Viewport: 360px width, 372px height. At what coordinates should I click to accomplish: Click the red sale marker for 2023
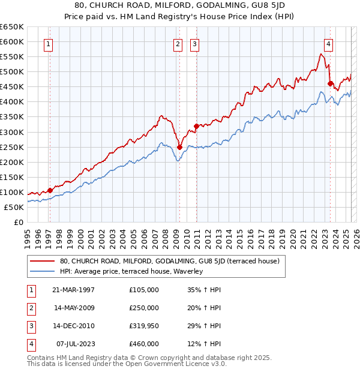330,83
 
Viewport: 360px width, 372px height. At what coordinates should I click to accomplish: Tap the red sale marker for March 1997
50,190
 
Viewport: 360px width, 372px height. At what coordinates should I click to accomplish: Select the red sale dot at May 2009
179,147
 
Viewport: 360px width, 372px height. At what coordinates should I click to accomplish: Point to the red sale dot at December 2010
196,126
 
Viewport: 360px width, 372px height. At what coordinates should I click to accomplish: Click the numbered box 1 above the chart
47,43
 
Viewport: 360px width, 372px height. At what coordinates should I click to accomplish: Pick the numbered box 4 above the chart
329,43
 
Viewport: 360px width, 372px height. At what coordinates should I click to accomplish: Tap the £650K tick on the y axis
12,27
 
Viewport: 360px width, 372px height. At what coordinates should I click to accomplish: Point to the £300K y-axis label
12,132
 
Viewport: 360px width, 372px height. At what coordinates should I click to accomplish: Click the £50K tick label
14,207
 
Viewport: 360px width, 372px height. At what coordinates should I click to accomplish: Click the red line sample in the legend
43,262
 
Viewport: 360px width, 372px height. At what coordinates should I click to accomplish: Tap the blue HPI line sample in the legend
43,271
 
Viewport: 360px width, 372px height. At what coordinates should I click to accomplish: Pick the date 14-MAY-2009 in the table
74,308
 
